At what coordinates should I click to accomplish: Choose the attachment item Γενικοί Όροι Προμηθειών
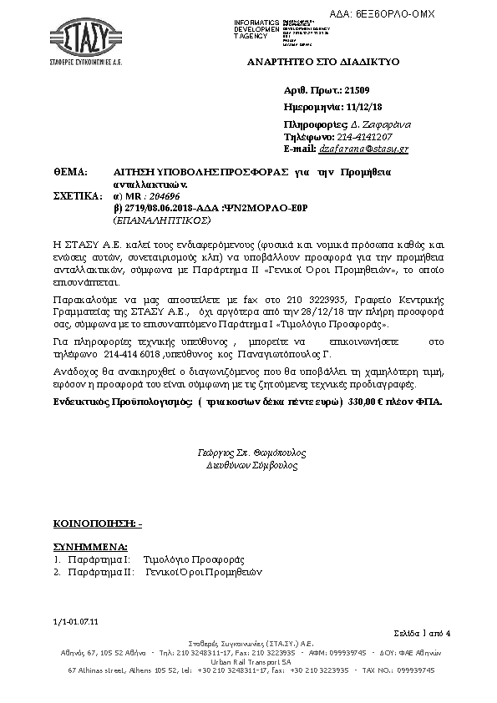[x=204, y=573]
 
